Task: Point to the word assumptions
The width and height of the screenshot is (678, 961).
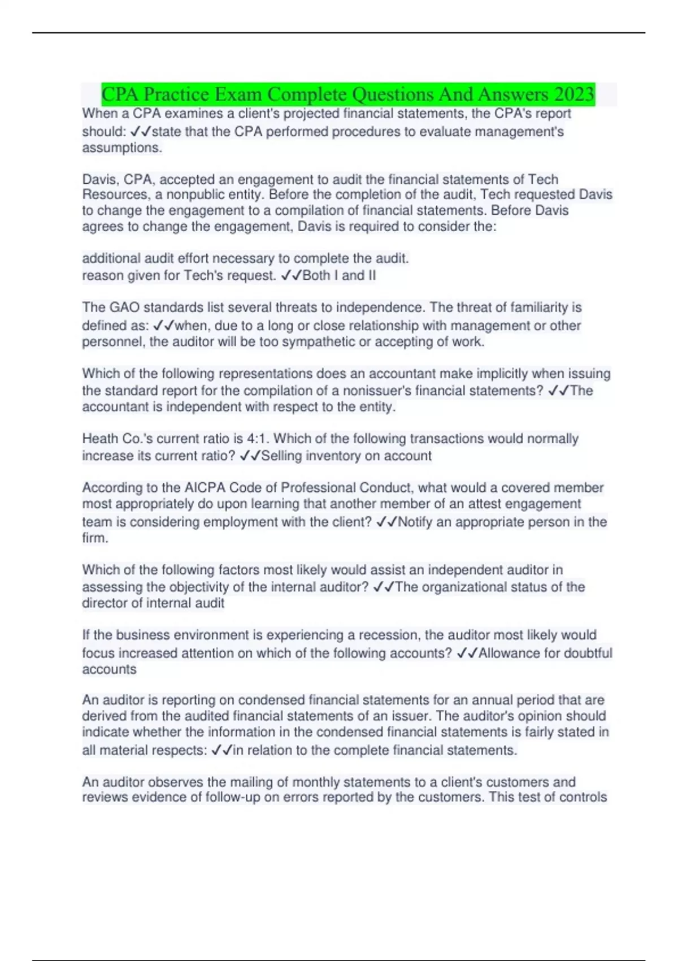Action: (x=121, y=148)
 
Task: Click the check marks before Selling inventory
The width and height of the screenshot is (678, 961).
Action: (x=250, y=456)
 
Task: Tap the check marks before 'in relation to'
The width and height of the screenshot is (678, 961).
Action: (x=221, y=751)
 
